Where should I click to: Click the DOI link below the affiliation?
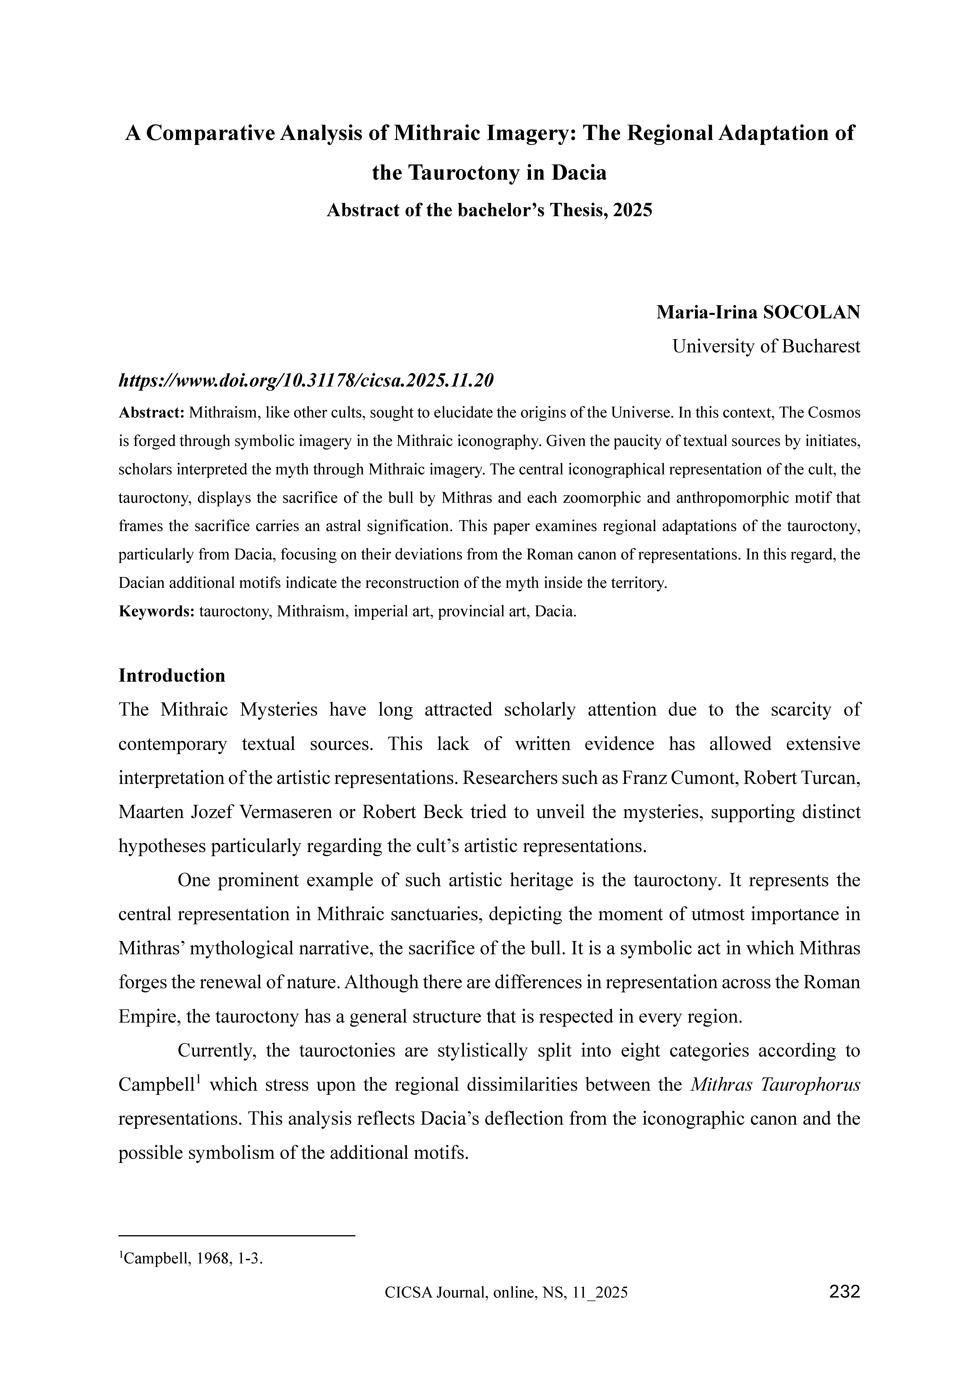(306, 381)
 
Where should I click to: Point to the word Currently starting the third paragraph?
(218, 1051)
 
